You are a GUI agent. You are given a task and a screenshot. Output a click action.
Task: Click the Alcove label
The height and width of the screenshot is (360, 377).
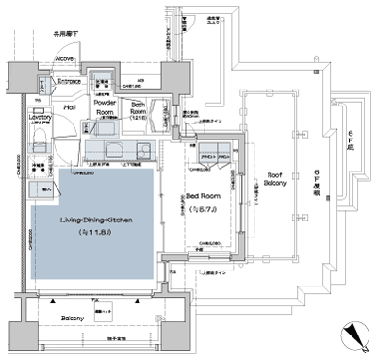click(x=64, y=59)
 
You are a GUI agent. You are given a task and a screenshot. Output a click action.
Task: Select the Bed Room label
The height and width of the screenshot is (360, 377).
click(x=204, y=195)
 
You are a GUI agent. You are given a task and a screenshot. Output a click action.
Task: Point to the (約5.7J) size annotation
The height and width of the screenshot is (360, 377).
click(x=204, y=207)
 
